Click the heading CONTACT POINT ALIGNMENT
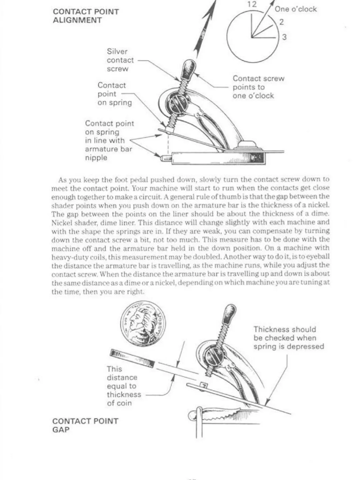click(86, 16)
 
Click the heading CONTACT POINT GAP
click(85, 425)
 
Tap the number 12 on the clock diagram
click(252, 4)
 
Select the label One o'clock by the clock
click(295, 9)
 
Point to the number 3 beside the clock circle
click(284, 37)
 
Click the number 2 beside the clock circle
click(281, 22)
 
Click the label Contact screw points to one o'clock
click(258, 87)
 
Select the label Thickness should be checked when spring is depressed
click(288, 338)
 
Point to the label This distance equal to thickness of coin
click(123, 386)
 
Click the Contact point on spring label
click(114, 94)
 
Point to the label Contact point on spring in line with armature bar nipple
click(109, 140)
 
